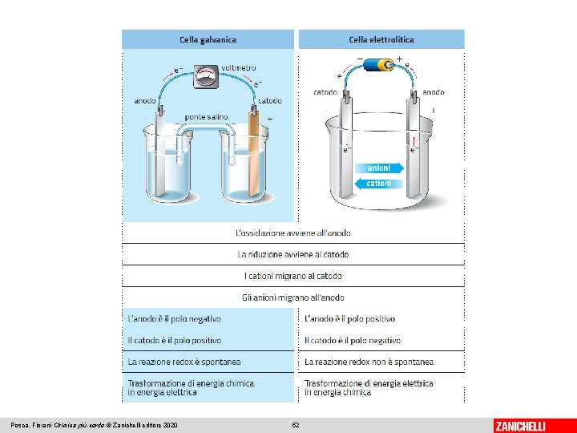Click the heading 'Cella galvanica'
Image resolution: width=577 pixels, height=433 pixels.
click(x=208, y=38)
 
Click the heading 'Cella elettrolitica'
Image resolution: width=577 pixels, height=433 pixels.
click(x=381, y=38)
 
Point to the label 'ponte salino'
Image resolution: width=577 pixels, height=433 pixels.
click(x=206, y=117)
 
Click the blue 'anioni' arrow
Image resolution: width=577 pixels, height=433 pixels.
click(x=379, y=168)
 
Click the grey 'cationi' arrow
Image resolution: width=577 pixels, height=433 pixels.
click(x=377, y=184)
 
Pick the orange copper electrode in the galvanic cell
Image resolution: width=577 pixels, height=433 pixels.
click(x=255, y=156)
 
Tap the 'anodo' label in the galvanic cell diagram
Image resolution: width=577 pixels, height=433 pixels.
click(x=145, y=101)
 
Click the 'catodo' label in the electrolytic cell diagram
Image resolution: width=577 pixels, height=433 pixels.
click(x=325, y=92)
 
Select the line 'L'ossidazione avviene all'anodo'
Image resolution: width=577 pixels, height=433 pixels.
click(x=293, y=233)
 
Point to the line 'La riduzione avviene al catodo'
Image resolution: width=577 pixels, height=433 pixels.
click(x=293, y=254)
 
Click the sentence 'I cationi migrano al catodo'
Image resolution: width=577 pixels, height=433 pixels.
click(x=293, y=276)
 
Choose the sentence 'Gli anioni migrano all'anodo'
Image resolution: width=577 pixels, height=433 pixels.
click(x=293, y=297)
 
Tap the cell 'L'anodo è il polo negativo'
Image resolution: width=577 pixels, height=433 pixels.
click(x=174, y=319)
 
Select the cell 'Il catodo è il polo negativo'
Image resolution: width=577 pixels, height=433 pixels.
click(x=352, y=341)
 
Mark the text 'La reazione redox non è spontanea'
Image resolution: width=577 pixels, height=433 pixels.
click(x=368, y=362)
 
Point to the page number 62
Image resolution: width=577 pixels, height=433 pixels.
click(x=296, y=425)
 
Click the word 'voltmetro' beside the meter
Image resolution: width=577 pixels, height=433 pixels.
click(x=239, y=67)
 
